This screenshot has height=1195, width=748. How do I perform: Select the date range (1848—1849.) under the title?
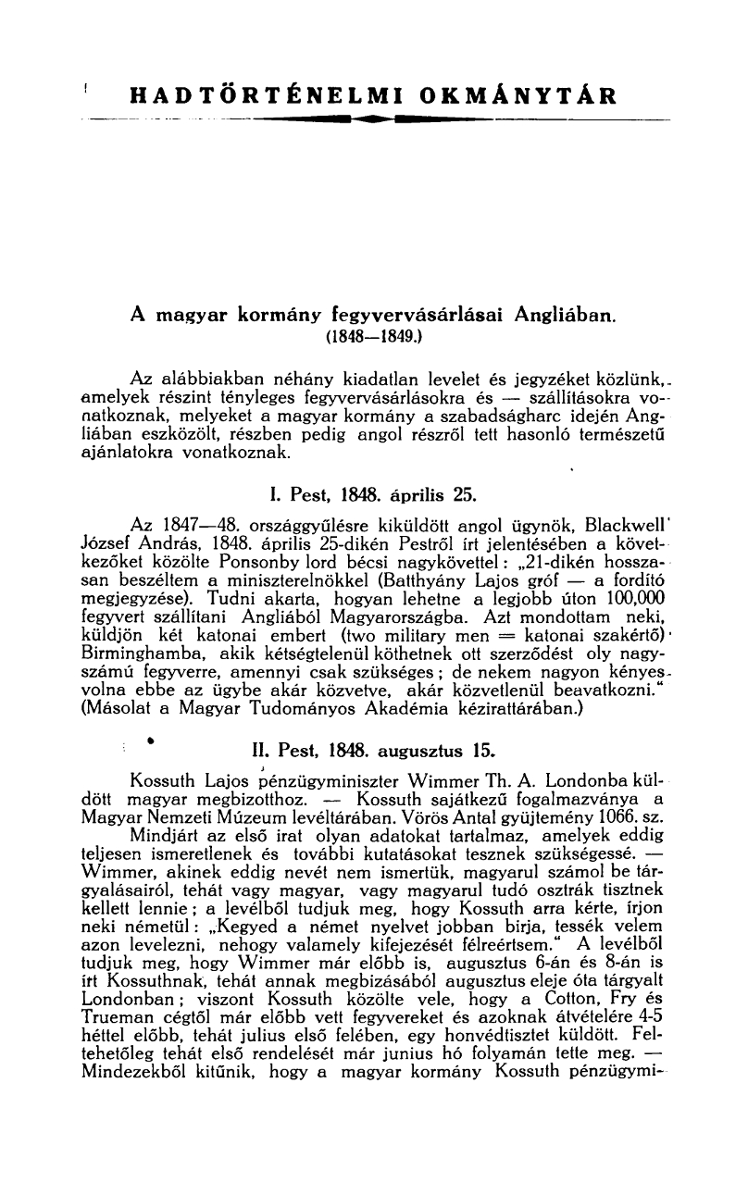pyautogui.click(x=373, y=338)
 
